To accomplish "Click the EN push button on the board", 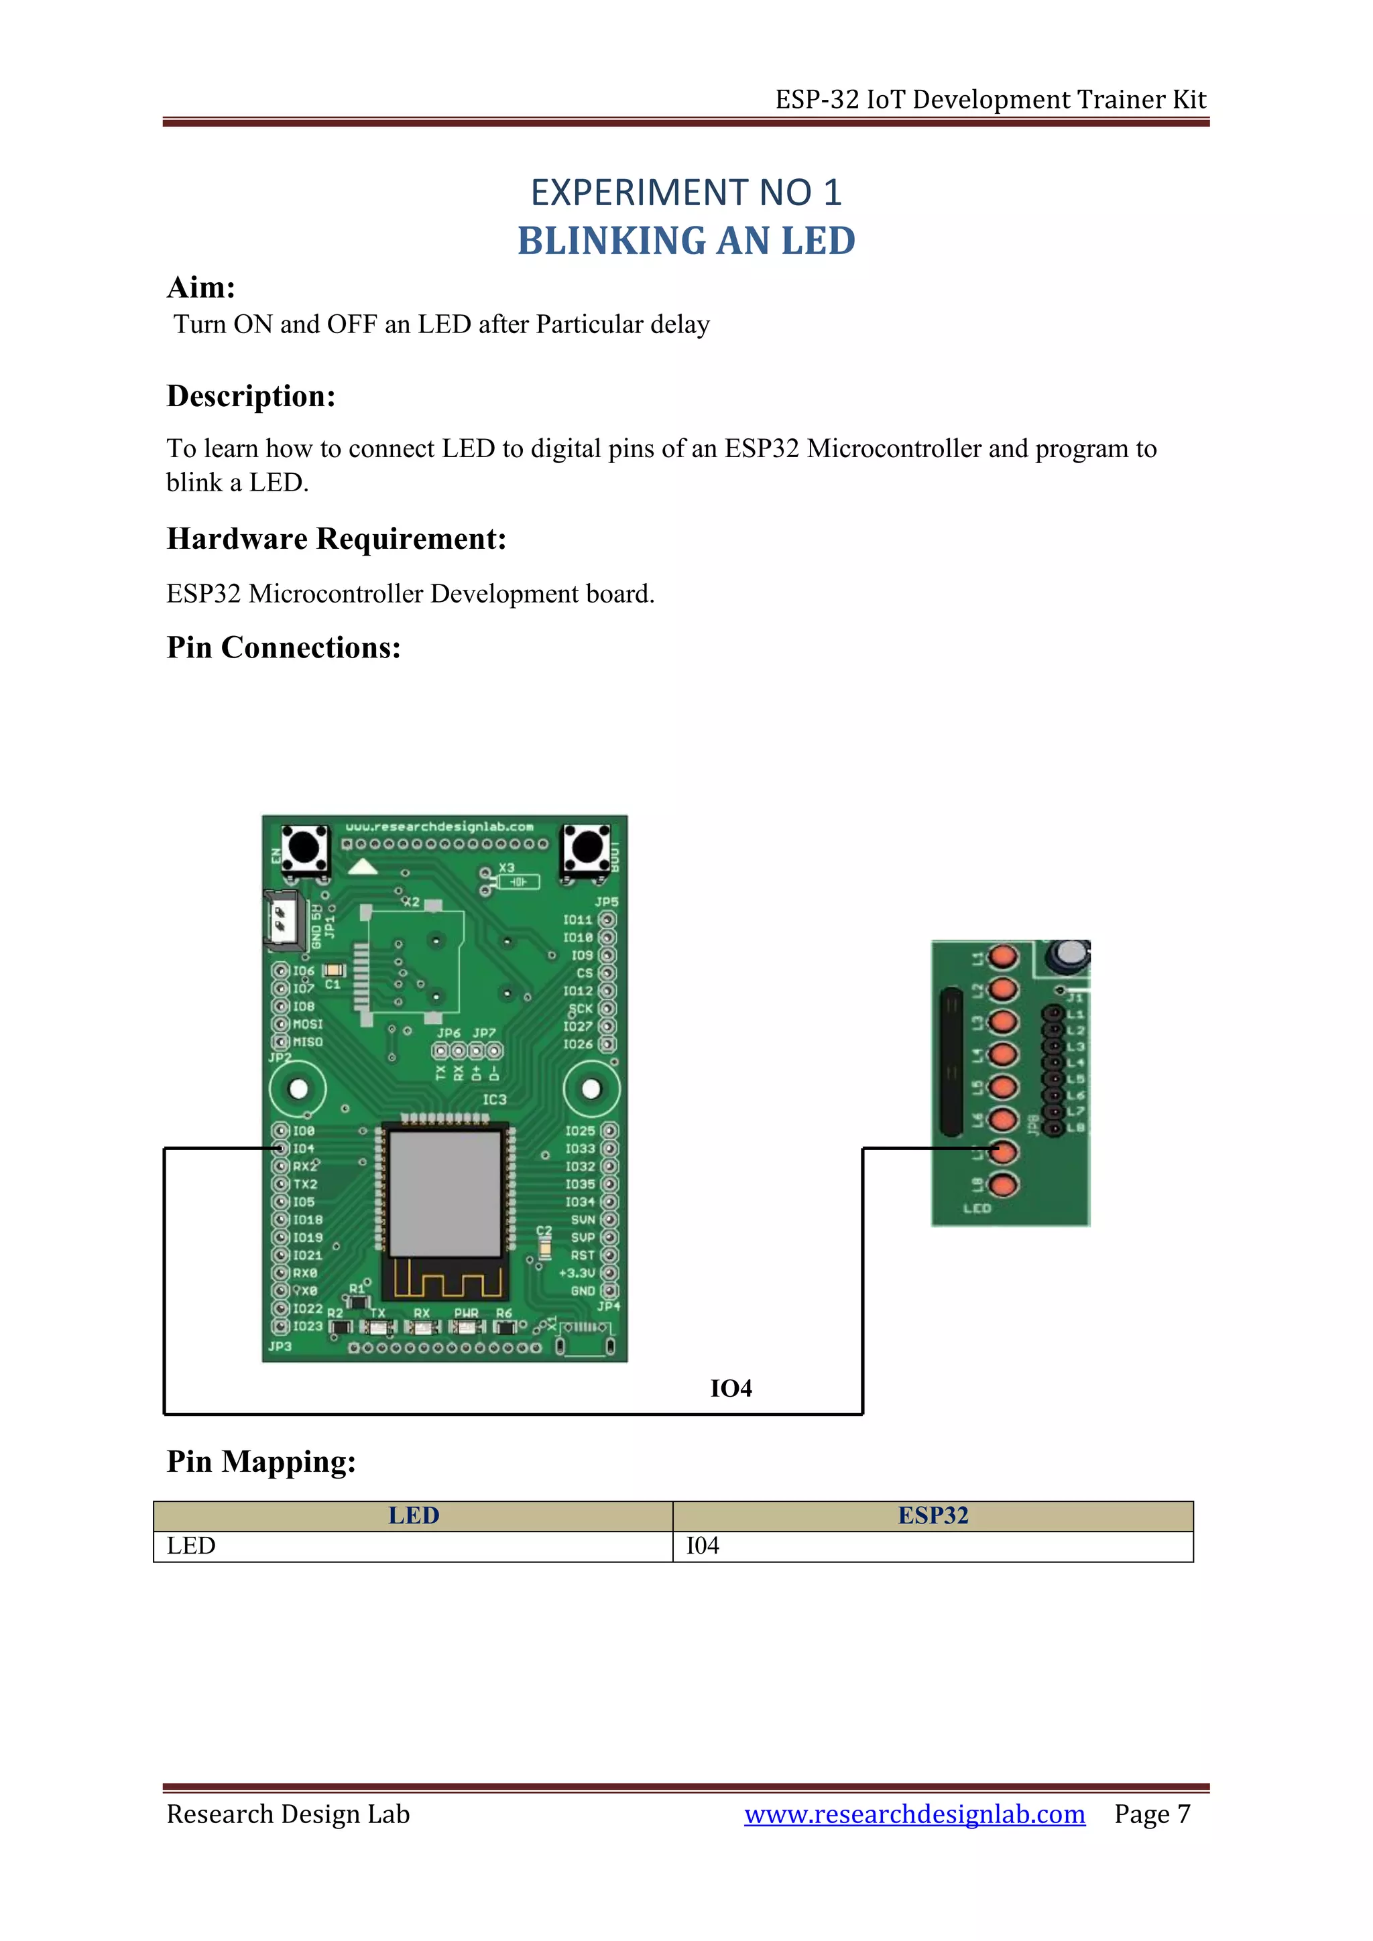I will tap(304, 848).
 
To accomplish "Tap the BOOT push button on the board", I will tap(587, 848).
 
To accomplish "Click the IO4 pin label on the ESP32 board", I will tap(304, 1149).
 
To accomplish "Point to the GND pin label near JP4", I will tap(583, 1291).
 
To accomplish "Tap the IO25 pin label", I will tap(580, 1131).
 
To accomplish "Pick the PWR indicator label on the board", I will tap(466, 1313).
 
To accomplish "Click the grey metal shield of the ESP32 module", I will tap(446, 1193).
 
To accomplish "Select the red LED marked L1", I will tap(1004, 958).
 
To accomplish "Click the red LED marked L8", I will tap(1004, 1185).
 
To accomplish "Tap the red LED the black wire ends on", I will tap(1004, 1152).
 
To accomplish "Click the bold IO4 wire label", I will tap(731, 1388).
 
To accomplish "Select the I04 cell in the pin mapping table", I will tap(703, 1546).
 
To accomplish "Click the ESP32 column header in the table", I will tap(933, 1516).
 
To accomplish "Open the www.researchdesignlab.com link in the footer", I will tap(914, 1814).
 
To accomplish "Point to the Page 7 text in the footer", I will tap(1152, 1814).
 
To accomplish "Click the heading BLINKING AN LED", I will tap(686, 241).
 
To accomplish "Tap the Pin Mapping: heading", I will tap(261, 1462).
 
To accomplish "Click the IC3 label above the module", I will tap(495, 1100).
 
